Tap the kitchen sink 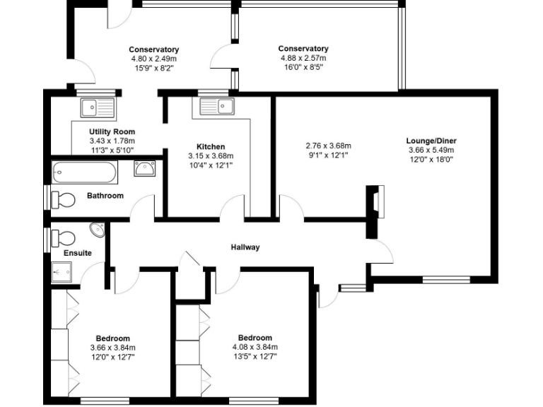tap(217, 107)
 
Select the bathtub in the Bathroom tap(84, 172)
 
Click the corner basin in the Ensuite tap(97, 230)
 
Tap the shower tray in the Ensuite tap(61, 271)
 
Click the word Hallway tap(245, 247)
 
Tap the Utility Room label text tap(112, 132)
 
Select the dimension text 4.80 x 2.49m tap(153, 59)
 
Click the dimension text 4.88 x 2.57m tap(303, 59)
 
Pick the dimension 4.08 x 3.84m tap(255, 348)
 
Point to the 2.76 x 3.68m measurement tap(328, 146)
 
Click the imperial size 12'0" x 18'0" tap(431, 160)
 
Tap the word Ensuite tap(78, 253)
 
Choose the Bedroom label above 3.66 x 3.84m tap(112, 338)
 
